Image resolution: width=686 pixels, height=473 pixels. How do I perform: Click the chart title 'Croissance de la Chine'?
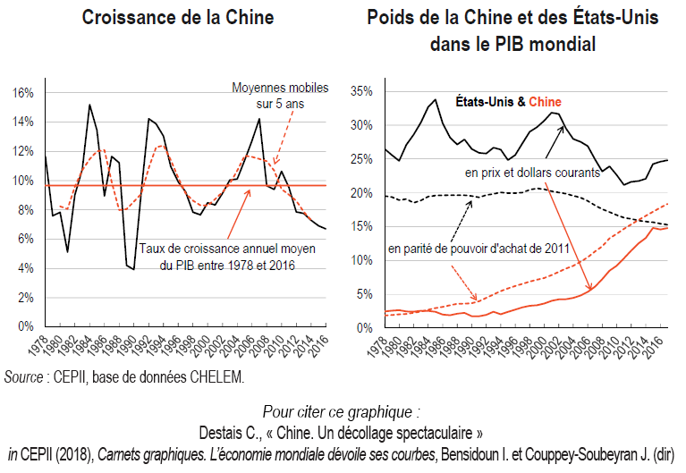178,17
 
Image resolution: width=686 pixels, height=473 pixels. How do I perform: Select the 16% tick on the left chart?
22,93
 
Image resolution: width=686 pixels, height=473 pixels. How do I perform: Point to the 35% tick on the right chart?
360,92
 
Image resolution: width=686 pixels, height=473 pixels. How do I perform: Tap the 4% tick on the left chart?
25,268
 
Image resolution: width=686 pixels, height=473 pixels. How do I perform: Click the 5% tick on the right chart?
364,294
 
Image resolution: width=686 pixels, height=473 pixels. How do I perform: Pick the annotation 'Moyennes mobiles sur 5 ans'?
280,95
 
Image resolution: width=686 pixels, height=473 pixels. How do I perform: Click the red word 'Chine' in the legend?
545,103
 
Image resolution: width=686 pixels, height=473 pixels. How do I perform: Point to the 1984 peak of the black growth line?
89,105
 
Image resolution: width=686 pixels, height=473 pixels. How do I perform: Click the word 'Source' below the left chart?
24,376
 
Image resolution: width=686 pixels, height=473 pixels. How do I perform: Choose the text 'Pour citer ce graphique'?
340,412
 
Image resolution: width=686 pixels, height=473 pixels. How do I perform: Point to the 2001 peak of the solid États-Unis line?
554,113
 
